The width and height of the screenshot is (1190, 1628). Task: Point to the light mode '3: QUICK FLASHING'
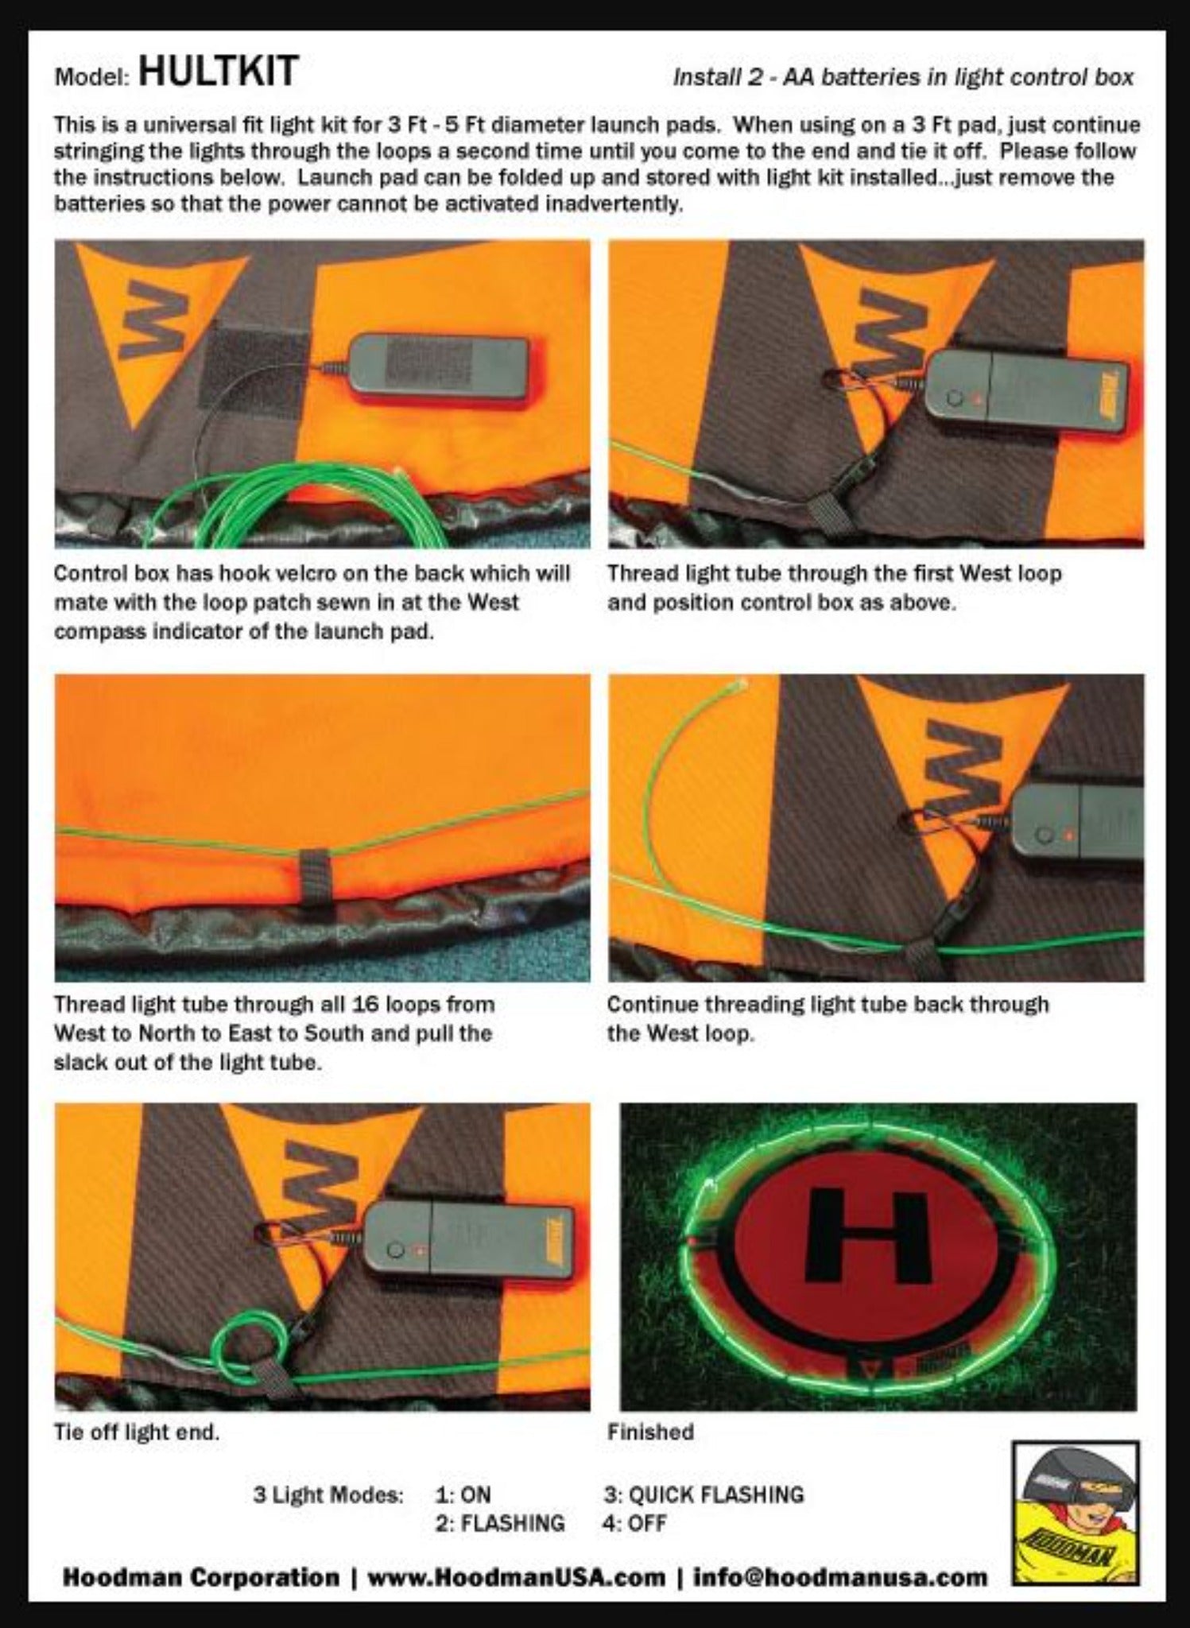click(x=704, y=1494)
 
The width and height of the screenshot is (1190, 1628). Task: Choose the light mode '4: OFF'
click(x=634, y=1524)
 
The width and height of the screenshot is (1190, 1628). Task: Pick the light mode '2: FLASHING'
click(x=500, y=1524)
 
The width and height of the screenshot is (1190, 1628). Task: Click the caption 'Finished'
click(x=650, y=1432)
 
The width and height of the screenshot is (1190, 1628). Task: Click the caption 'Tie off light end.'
click(x=136, y=1432)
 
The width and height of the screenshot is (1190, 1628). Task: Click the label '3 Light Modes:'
click(x=328, y=1494)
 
